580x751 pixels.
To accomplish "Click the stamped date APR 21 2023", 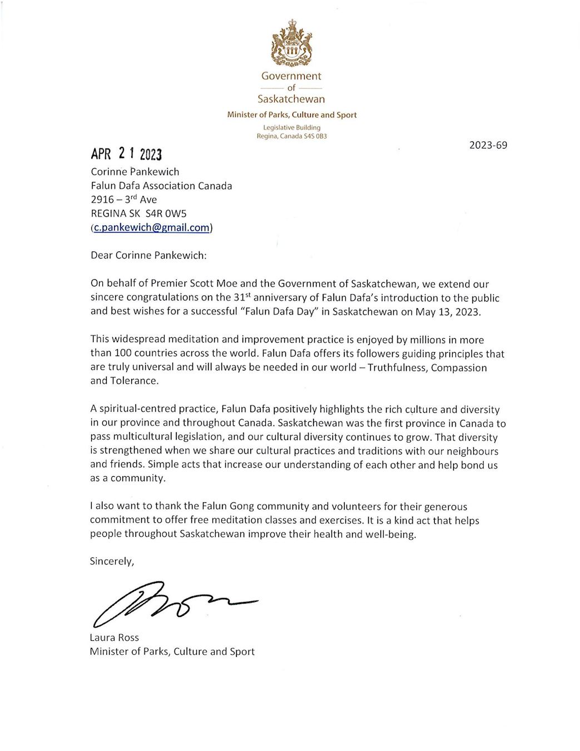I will tap(127, 154).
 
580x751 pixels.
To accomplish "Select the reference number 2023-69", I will tap(488, 145).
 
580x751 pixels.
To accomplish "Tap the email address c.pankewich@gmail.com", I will tap(151, 227).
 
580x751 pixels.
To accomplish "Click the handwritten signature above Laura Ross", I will tap(172, 602).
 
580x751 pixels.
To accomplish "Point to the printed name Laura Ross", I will tap(114, 638).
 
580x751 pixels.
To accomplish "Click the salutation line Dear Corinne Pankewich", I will tap(148, 255).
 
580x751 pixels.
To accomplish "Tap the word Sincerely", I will tap(112, 561).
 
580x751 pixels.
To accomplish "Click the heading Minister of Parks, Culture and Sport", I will tap(291, 115).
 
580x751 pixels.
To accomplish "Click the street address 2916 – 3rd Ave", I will tap(123, 199).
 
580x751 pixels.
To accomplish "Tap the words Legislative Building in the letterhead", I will tap(291, 127).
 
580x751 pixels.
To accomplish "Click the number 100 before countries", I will tap(122, 353).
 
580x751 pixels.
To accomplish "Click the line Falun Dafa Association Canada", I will tap(161, 186).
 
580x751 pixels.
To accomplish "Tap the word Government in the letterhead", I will tap(291, 76).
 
